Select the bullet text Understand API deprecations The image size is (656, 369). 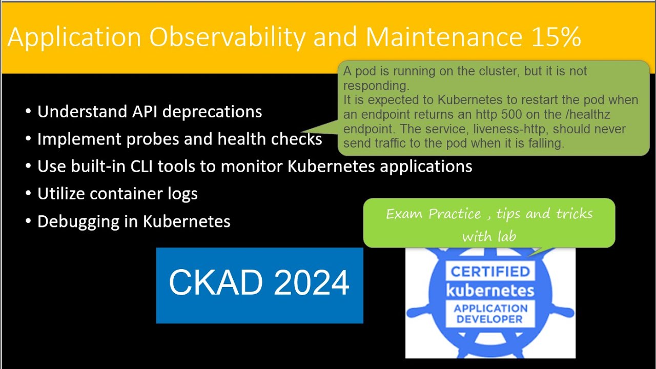coord(150,112)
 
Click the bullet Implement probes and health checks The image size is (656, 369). coord(179,139)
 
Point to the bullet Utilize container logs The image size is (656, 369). coord(117,194)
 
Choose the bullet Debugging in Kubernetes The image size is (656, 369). coord(134,221)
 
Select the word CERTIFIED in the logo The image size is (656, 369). coord(489,272)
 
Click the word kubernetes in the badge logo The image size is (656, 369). coord(490,290)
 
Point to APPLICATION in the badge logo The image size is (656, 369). coord(490,309)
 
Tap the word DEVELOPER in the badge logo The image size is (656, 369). coord(490,319)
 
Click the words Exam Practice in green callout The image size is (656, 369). coord(434,214)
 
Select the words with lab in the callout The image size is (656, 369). coord(489,236)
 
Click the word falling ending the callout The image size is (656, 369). coord(544,143)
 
